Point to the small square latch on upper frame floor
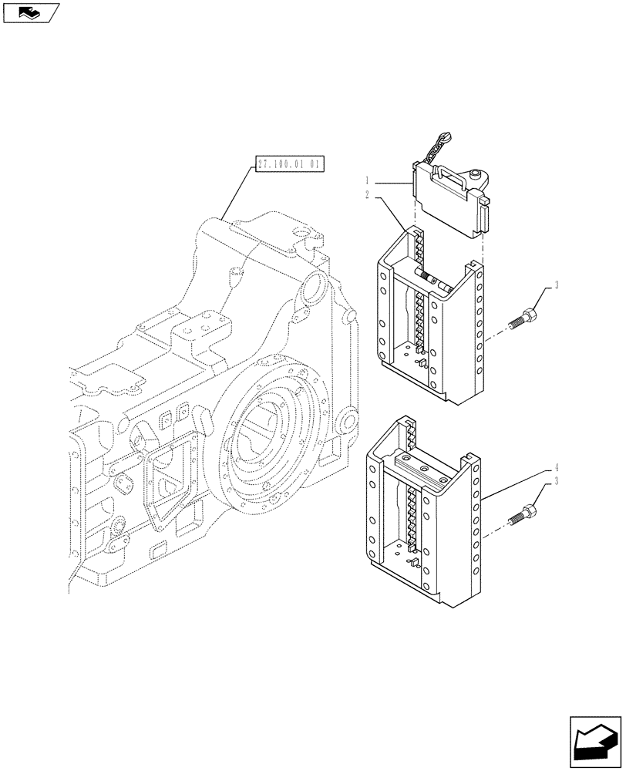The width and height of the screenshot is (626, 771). coord(422,359)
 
